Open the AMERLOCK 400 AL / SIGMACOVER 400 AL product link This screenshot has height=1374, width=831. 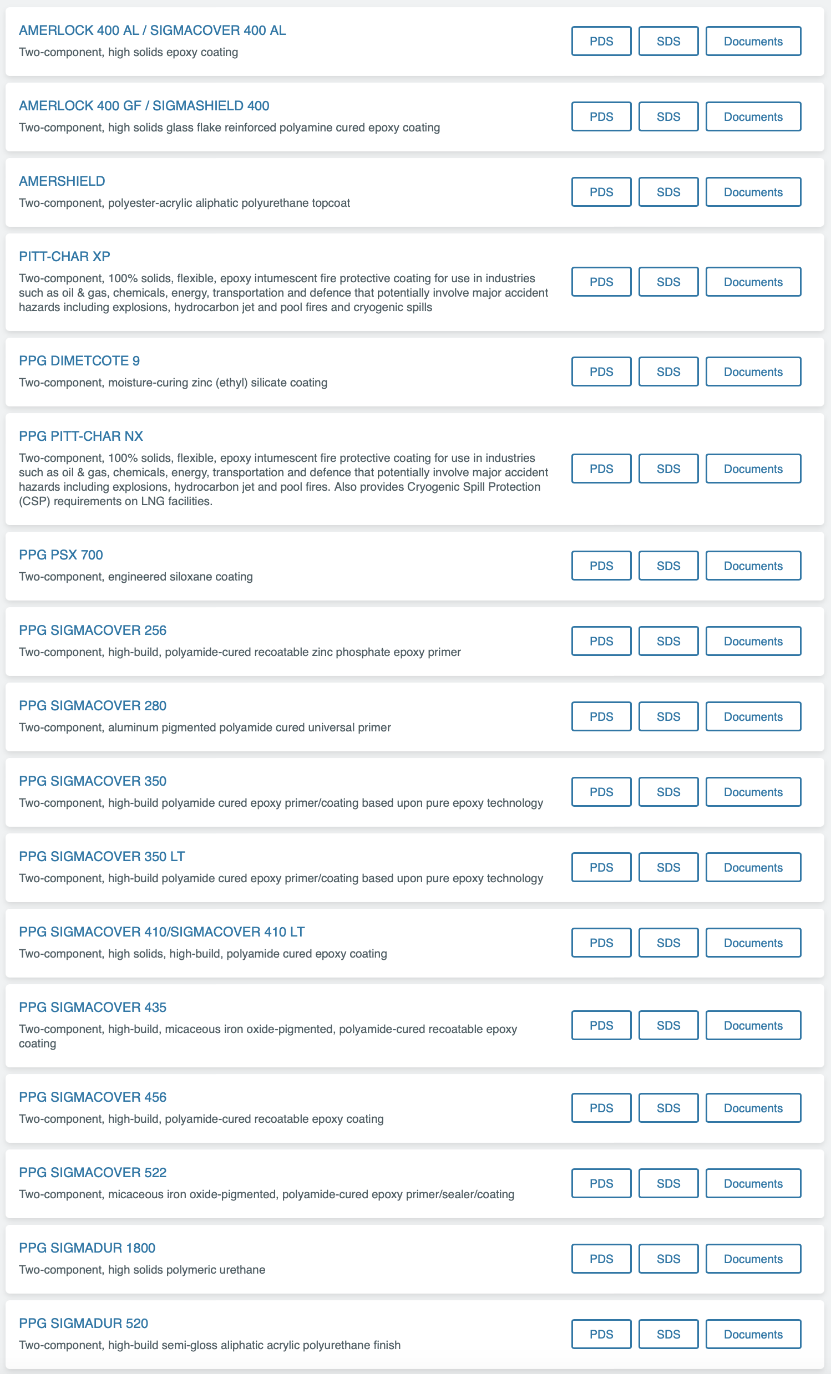point(152,30)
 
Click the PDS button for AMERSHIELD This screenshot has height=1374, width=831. point(601,192)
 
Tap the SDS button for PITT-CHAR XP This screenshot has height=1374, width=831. point(668,282)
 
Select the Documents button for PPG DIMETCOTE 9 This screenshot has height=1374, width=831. point(753,372)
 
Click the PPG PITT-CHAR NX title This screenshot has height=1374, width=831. point(81,436)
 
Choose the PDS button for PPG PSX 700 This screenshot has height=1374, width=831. point(601,566)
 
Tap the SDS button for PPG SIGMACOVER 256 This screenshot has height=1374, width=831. point(668,642)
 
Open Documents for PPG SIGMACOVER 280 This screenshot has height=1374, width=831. point(753,716)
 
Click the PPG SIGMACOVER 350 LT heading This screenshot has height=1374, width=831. point(102,857)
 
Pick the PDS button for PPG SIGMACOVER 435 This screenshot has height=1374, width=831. point(601,1025)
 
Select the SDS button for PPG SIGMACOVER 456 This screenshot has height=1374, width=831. point(668,1108)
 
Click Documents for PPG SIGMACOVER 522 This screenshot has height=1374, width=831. point(753,1183)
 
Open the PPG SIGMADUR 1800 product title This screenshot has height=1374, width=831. point(87,1248)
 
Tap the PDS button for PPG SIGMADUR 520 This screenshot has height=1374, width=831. point(601,1335)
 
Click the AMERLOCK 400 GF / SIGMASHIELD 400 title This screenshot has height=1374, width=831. point(144,106)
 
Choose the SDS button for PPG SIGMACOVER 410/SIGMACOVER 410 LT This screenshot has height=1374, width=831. point(668,943)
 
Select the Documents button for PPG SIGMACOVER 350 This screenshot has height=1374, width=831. point(753,792)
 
